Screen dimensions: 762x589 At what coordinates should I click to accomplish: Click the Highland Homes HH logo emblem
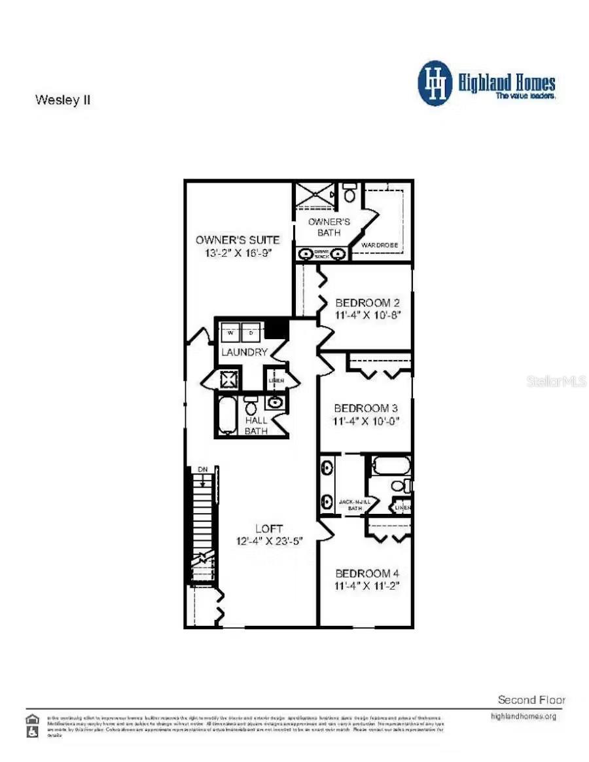435,83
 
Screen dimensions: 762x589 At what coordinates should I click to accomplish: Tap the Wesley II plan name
63,101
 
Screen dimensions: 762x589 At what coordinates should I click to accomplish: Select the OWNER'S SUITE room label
238,240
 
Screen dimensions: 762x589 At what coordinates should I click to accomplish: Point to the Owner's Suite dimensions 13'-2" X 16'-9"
238,253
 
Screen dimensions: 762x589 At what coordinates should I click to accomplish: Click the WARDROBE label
380,245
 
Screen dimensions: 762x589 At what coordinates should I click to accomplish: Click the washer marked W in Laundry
230,333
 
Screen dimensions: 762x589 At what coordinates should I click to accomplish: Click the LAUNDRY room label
244,353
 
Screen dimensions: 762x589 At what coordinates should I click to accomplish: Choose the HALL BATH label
256,426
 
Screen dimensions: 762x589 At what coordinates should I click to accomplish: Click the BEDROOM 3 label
366,408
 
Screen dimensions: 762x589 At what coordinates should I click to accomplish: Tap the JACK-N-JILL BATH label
355,505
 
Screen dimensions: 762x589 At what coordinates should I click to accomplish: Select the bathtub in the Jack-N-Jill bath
391,465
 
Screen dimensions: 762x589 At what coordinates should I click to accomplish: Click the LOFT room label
270,528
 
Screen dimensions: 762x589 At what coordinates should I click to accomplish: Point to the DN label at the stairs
203,469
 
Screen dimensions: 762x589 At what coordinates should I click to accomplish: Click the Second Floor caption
531,700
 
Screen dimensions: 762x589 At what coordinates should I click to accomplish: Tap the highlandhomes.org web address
524,717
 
